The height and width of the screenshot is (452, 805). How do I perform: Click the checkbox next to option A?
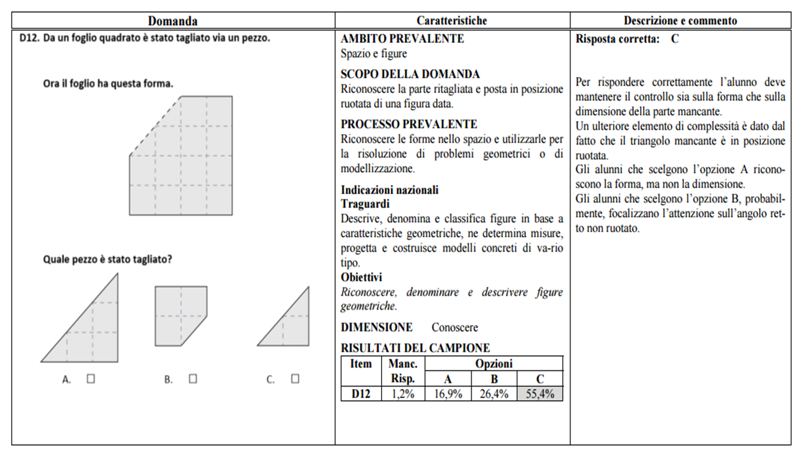coord(91,379)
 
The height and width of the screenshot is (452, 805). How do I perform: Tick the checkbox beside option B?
coord(193,379)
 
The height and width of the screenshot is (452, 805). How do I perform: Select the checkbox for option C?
coord(295,379)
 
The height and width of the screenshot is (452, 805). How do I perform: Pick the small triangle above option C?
coord(291,327)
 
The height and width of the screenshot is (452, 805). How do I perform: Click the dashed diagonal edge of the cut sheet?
coord(155,125)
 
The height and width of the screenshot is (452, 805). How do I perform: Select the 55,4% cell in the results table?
coord(539,394)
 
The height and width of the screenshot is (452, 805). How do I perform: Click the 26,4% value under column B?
coord(494,394)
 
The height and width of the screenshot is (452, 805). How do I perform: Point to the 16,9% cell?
coord(448,394)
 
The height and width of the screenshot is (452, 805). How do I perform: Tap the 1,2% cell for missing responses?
coord(403,394)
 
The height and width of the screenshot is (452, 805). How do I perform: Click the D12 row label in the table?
coord(361,394)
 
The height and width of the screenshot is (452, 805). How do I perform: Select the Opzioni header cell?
coord(493,364)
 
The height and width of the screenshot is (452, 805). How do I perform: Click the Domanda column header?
coord(173,21)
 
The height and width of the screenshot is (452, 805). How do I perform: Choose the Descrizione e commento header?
coord(680,21)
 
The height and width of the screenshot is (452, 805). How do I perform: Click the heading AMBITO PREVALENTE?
coord(402,39)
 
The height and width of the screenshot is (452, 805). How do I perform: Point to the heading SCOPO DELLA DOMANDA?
coord(410,74)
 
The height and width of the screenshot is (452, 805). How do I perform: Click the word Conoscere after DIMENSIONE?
coord(455,327)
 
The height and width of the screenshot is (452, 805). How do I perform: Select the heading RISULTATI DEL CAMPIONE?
coord(415,348)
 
